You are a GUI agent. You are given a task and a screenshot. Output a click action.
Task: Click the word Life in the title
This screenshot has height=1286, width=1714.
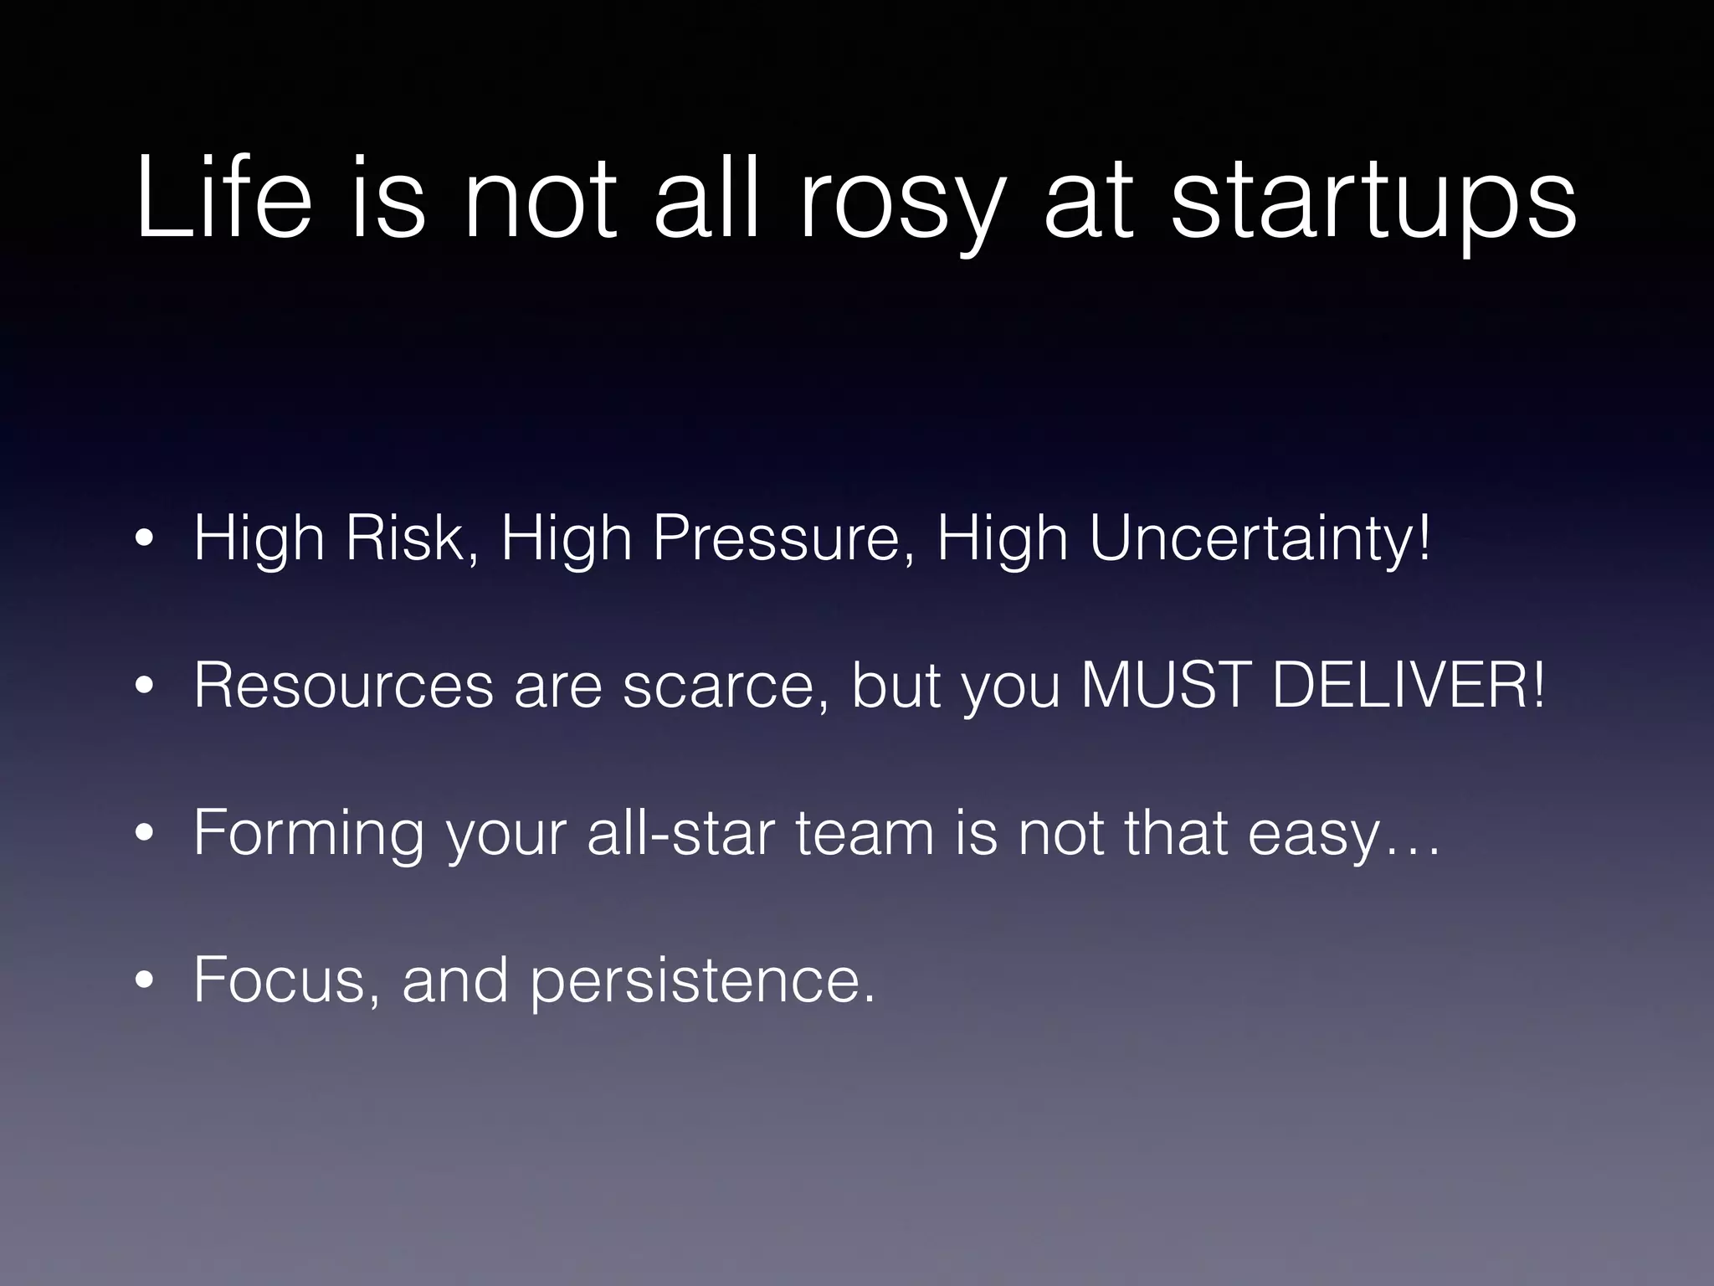223,199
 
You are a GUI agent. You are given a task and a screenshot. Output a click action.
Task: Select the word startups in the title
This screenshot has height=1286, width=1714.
1373,205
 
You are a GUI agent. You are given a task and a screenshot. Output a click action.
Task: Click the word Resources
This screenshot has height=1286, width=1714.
343,685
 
